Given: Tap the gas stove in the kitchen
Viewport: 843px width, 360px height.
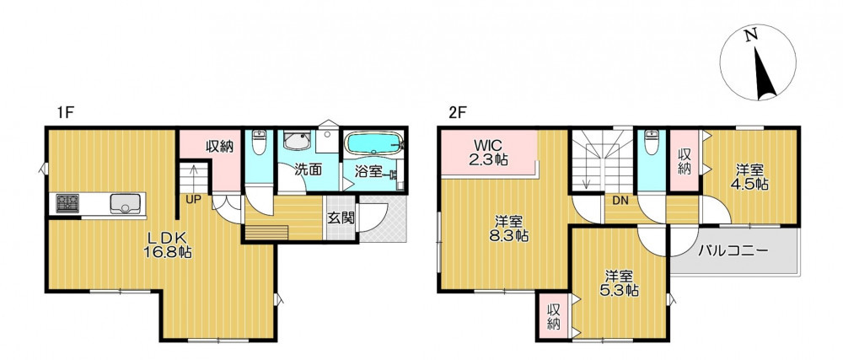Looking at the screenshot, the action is pyautogui.click(x=67, y=203).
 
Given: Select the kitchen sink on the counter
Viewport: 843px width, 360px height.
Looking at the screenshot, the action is pyautogui.click(x=126, y=204).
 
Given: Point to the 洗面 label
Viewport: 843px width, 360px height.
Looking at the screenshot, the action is pyautogui.click(x=308, y=170).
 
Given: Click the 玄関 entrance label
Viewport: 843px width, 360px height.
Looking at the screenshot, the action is pyautogui.click(x=341, y=218).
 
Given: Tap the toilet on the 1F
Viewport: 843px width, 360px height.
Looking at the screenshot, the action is pyautogui.click(x=259, y=142).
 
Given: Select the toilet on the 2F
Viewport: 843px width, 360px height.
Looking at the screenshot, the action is pyautogui.click(x=651, y=142).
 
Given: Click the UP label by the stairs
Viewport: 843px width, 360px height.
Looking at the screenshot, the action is pyautogui.click(x=193, y=199).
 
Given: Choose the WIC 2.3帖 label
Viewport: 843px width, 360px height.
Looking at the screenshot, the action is pyautogui.click(x=487, y=152).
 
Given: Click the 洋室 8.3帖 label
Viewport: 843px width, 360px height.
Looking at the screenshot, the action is pyautogui.click(x=508, y=228).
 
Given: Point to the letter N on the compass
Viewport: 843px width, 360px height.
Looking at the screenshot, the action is pyautogui.click(x=751, y=35).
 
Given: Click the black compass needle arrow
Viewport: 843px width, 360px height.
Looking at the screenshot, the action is pyautogui.click(x=765, y=73).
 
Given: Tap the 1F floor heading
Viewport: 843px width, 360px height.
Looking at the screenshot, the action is pyautogui.click(x=66, y=113).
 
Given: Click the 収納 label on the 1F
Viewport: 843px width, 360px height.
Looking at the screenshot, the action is pyautogui.click(x=220, y=147).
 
